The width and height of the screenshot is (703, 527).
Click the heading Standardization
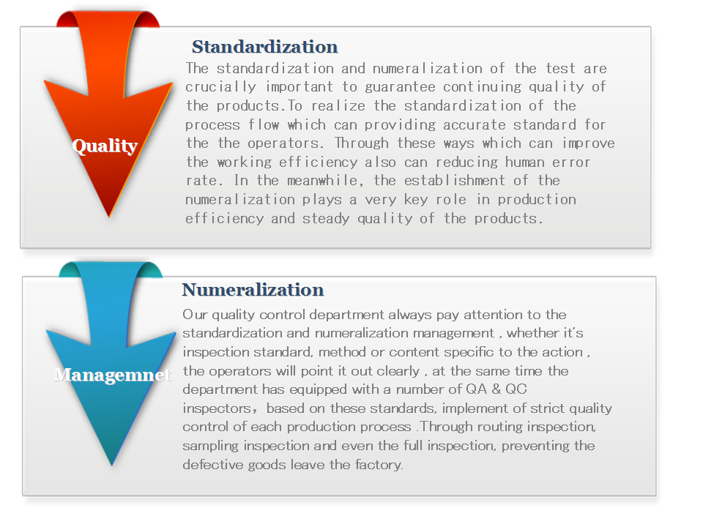[x=264, y=47]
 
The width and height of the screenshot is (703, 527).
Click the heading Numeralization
[x=253, y=290]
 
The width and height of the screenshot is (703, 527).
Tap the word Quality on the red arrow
[x=105, y=146]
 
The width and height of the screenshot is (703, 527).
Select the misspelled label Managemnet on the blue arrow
[x=113, y=375]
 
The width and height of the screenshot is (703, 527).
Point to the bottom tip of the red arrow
[x=109, y=218]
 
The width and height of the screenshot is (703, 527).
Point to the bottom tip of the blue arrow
[x=111, y=466]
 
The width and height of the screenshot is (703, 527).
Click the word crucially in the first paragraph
[x=220, y=87]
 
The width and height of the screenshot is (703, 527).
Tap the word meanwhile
[x=323, y=181]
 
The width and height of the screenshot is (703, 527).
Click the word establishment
[x=455, y=180]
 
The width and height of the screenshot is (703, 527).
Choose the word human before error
[x=524, y=162]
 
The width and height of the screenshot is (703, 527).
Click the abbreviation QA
[x=476, y=389]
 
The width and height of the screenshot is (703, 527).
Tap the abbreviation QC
[x=516, y=389]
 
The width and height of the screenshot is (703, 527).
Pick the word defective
[x=213, y=464]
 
